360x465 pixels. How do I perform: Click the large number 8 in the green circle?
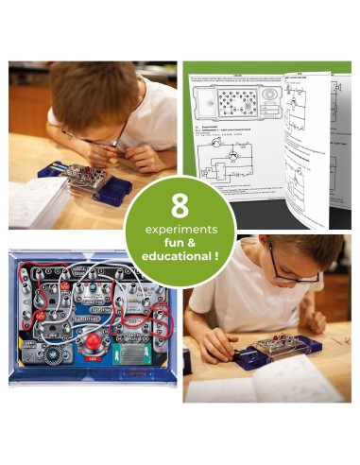180,206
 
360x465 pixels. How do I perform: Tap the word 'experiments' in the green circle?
180,229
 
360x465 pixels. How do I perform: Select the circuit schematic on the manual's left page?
222,161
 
